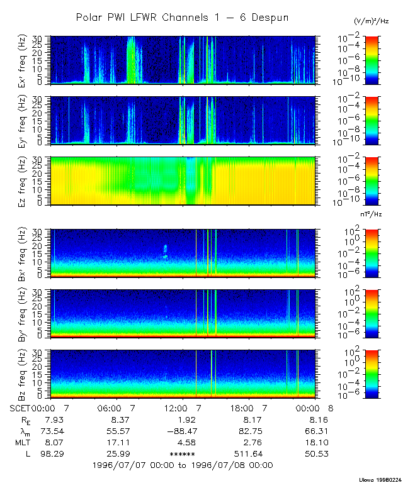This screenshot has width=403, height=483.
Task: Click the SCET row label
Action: [20, 408]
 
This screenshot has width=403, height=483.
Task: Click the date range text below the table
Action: [182, 465]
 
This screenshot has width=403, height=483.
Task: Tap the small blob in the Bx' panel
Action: [166, 252]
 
